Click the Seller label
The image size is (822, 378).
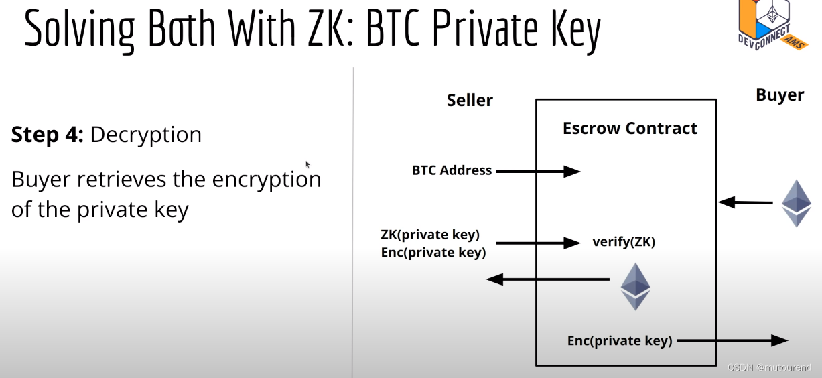[470, 101]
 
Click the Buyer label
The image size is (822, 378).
[780, 95]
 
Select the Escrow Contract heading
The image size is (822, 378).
[630, 129]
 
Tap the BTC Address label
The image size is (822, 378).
[452, 170]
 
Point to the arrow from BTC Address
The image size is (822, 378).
[538, 171]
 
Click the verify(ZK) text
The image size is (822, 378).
[624, 242]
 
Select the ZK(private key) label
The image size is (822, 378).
[430, 235]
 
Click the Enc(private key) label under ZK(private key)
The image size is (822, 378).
[433, 252]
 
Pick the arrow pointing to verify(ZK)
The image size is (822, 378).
[538, 243]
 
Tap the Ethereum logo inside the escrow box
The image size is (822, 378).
[635, 286]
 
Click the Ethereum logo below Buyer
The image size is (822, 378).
[797, 203]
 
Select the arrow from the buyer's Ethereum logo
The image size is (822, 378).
[744, 202]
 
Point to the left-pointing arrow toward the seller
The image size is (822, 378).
[547, 279]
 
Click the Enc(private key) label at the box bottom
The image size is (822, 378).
[620, 340]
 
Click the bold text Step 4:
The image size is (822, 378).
[47, 135]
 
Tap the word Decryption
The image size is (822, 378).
[145, 135]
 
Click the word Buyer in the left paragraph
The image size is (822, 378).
[41, 180]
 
